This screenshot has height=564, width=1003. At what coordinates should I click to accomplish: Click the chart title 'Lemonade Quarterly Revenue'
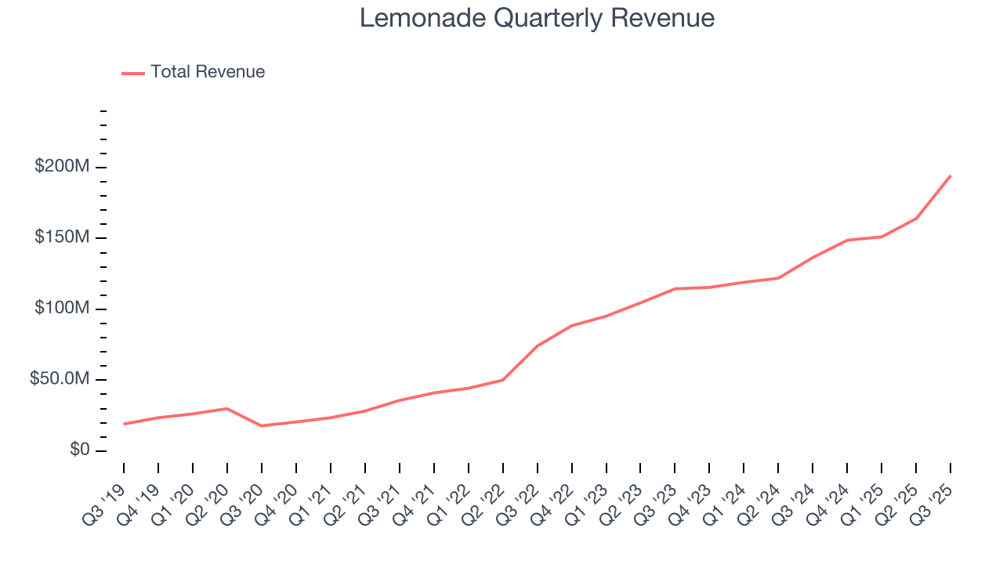pos(537,18)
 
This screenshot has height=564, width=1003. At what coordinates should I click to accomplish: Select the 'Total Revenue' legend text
pos(208,72)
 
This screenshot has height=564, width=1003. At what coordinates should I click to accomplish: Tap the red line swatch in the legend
pos(133,73)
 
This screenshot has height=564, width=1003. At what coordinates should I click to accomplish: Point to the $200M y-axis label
pos(62,167)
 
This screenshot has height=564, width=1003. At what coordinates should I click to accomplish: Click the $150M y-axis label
pos(62,237)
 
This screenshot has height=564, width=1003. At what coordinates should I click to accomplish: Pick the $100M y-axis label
pos(62,309)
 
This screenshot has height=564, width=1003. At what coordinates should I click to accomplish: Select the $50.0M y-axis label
pos(60,379)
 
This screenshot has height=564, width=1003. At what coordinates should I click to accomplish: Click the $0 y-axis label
pos(78,450)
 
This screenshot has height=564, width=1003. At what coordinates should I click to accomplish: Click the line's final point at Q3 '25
pos(950,175)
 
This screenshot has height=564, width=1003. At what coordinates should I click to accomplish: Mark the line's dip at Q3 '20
pos(261,425)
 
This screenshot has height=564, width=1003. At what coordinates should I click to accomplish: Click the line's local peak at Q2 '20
pos(226,408)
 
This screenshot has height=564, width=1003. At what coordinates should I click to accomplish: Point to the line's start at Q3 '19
pos(124,424)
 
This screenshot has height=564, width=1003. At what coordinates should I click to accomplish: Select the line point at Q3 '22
pos(537,346)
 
